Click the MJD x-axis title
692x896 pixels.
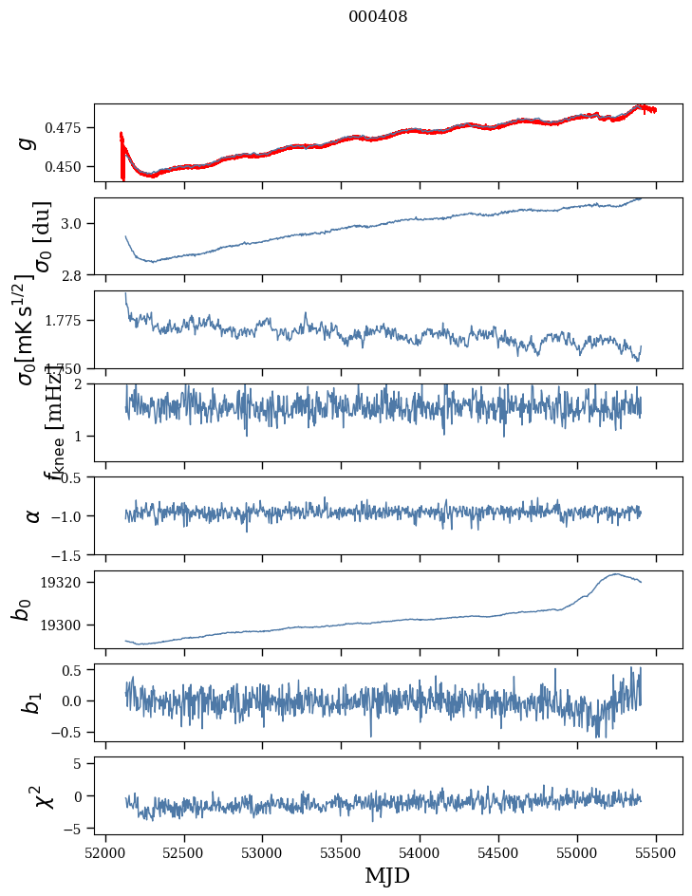(387, 875)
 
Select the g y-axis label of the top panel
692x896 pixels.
(27, 142)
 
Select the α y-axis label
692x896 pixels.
(32, 515)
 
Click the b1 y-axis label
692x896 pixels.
(31, 702)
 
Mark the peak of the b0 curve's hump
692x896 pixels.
(616, 573)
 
